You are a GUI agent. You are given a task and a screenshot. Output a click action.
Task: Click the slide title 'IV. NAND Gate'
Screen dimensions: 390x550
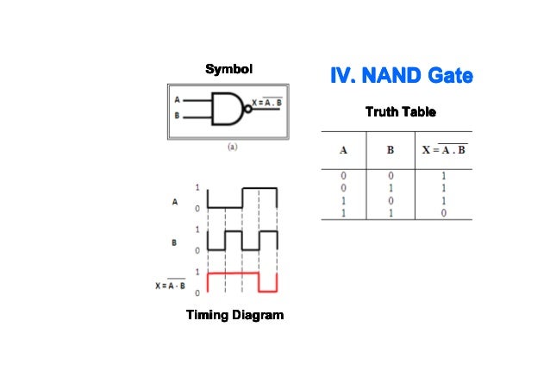pos(402,78)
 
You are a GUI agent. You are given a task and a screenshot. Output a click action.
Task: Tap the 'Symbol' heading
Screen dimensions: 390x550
pos(228,68)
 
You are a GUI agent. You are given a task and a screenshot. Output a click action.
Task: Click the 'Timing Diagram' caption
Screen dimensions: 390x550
pos(234,315)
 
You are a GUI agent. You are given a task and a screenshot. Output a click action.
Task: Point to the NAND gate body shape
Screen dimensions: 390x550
pos(229,108)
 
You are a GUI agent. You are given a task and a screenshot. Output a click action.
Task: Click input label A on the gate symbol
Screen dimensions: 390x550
pos(178,100)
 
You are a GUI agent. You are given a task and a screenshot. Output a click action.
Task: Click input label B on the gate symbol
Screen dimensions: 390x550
pos(178,116)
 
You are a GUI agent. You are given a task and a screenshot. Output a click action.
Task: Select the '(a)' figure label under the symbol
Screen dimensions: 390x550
pos(232,147)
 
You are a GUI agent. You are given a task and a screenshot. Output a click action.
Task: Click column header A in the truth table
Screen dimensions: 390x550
pos(343,150)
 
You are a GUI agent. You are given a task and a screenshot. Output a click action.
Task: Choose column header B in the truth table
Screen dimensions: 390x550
pos(390,150)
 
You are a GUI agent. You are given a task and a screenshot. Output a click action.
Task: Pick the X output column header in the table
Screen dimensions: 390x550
pos(444,150)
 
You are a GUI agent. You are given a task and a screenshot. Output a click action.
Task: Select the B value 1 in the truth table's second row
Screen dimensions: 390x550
pos(390,187)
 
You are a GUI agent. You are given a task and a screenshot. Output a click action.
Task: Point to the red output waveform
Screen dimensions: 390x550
pos(241,274)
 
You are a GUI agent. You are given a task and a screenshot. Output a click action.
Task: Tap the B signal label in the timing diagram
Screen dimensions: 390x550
pos(175,242)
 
